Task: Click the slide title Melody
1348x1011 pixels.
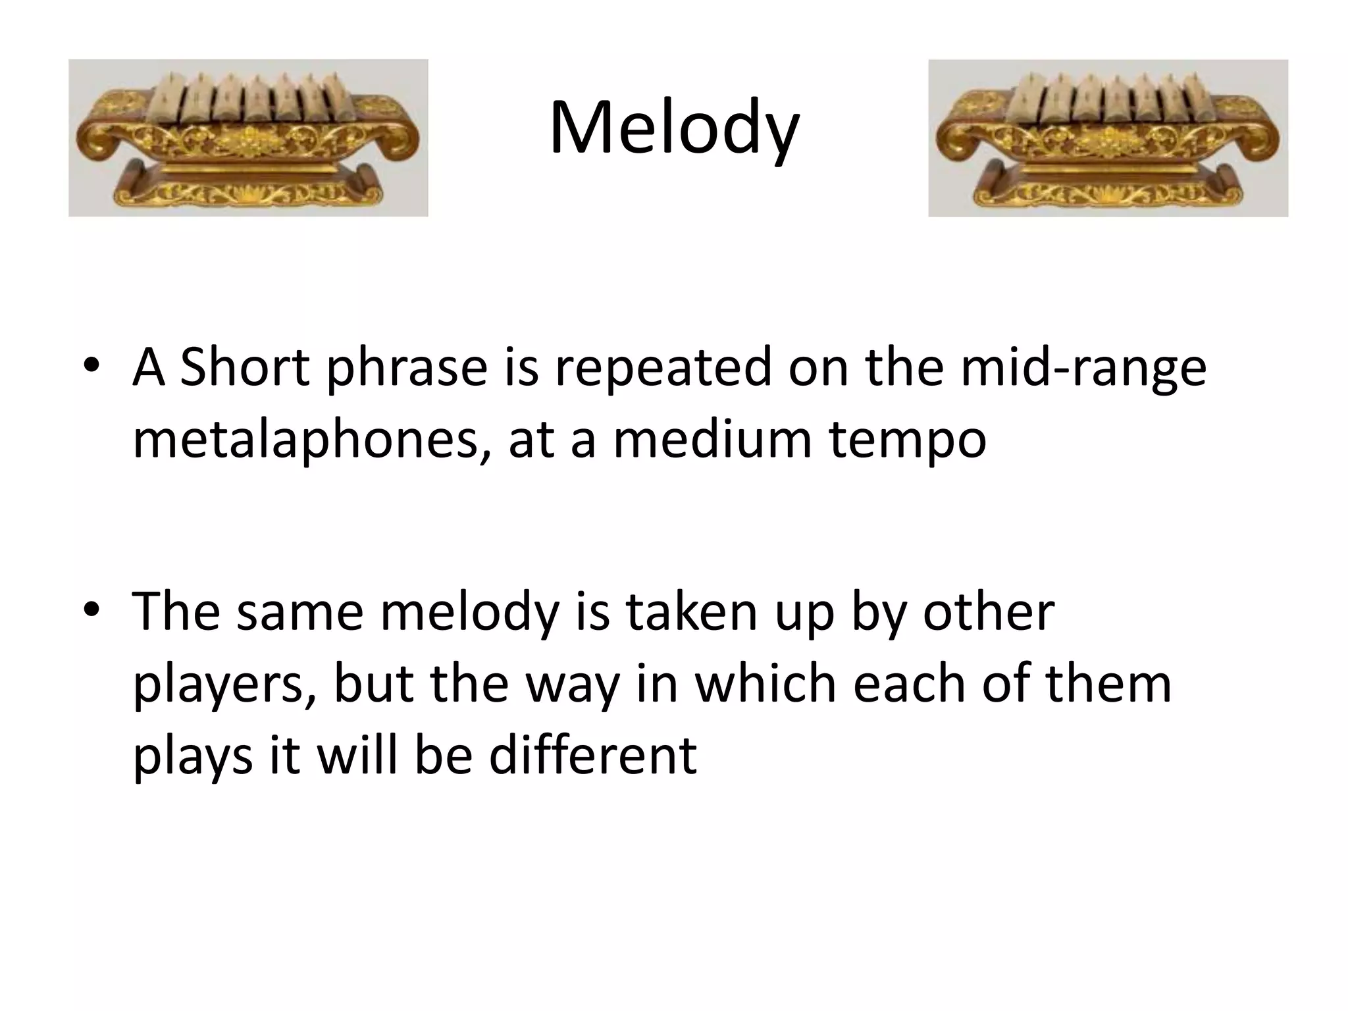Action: point(674,128)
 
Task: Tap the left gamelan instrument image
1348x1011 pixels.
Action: point(248,138)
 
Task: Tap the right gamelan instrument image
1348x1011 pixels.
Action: point(1108,138)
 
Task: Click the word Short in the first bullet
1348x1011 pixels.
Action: point(244,367)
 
